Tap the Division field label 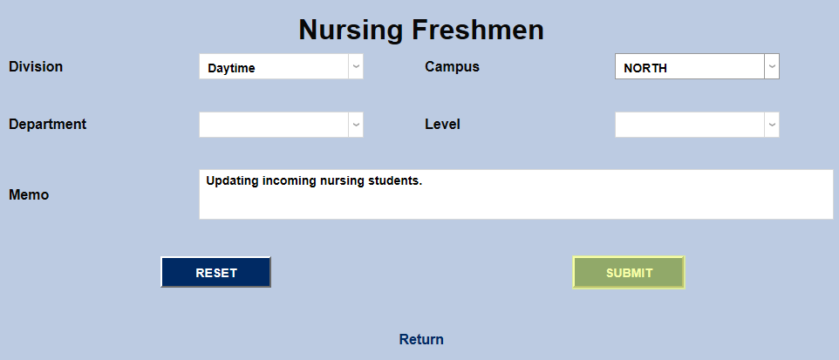coord(36,67)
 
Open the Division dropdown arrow coord(355,67)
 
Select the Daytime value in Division coord(231,68)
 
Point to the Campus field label coord(452,67)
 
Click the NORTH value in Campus coord(645,68)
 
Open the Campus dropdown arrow coord(771,67)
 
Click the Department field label coord(47,124)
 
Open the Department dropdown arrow coord(355,125)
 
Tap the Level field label coord(442,124)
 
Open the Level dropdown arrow coord(771,125)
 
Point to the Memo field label coord(29,194)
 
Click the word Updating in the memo coord(232,181)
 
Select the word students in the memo coord(394,181)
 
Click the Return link coord(421,339)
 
